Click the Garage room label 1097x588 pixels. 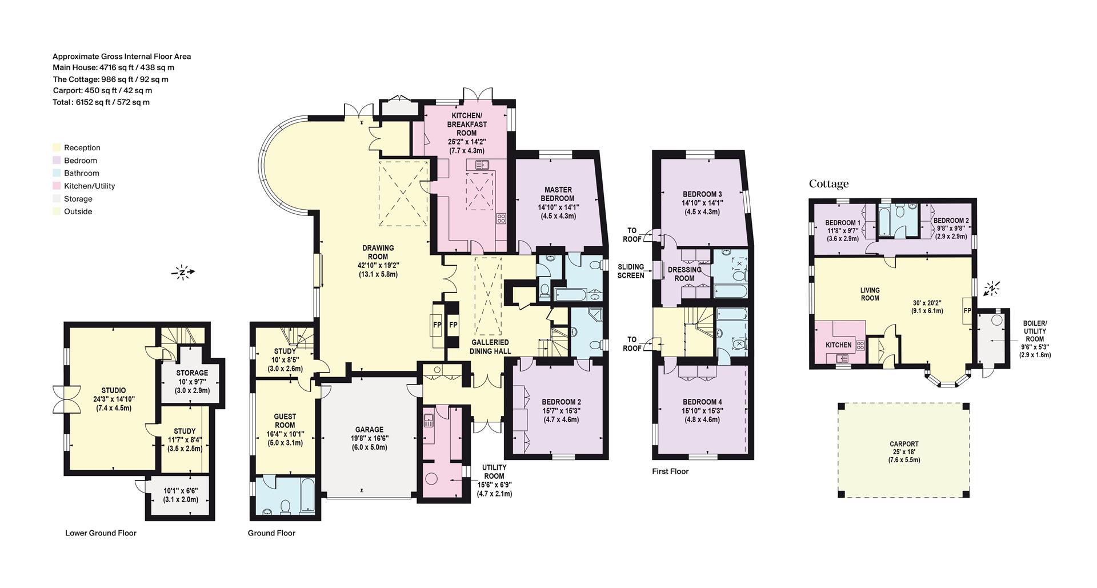click(369, 430)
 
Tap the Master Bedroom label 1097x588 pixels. click(558, 194)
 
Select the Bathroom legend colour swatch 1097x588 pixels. click(57, 173)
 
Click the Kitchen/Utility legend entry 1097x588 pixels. click(89, 186)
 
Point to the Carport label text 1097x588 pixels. click(904, 444)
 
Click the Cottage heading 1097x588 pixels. click(828, 184)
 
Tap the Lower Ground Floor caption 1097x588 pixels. click(101, 533)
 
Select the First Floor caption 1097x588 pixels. click(670, 471)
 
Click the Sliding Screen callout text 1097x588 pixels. click(631, 271)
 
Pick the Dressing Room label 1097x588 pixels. click(684, 274)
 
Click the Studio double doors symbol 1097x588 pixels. click(60, 399)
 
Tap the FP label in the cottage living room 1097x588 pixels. click(967, 311)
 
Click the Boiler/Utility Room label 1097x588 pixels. click(1035, 331)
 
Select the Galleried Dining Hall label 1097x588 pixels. click(490, 347)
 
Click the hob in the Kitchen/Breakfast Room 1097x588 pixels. click(501, 218)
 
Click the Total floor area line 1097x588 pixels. click(101, 102)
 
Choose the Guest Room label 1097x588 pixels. click(285, 421)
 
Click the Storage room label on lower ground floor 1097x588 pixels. click(192, 373)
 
